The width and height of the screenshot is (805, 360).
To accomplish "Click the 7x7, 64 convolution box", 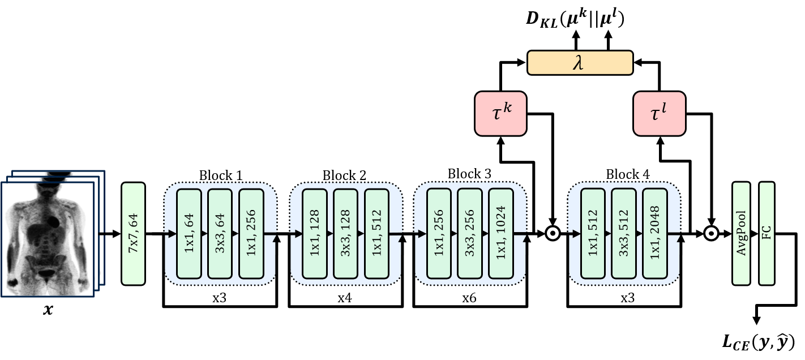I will [x=133, y=233].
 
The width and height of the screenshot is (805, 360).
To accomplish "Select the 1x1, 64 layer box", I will [x=189, y=233].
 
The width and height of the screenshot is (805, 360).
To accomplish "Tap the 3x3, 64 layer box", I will [x=220, y=233].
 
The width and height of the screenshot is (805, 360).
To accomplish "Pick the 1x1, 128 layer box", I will [x=315, y=233].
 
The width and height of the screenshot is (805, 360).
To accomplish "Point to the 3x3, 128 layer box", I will [x=345, y=233].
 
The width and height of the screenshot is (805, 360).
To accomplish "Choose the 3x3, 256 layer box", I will [x=470, y=233].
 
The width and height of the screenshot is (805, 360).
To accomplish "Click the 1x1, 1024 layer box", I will [x=501, y=233].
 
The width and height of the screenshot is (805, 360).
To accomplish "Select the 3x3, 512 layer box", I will [x=624, y=233].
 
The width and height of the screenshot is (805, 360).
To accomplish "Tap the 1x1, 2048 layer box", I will [x=655, y=233].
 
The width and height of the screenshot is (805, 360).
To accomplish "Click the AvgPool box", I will [x=741, y=233].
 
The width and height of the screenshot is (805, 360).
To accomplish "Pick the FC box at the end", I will [x=767, y=233].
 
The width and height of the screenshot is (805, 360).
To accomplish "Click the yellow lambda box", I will [x=580, y=63].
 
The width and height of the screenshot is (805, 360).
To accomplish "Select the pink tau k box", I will [x=500, y=114].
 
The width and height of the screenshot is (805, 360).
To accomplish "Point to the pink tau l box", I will [x=659, y=114].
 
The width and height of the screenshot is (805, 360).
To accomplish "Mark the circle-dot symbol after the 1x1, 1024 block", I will [x=553, y=233].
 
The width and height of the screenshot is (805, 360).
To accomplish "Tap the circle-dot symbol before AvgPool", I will [x=711, y=233].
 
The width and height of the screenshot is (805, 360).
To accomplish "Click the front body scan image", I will [x=48, y=239].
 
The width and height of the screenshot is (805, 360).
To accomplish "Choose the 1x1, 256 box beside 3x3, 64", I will [x=251, y=233].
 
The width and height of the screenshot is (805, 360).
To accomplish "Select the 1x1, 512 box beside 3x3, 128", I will [x=376, y=233].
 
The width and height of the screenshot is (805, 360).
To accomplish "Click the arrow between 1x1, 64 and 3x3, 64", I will [x=204, y=233].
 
